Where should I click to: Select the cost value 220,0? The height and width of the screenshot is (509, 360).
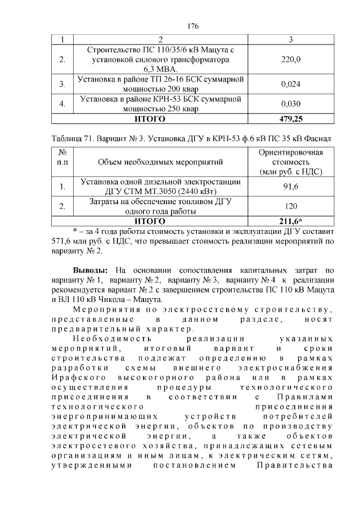290,59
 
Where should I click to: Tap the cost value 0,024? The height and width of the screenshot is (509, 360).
290,84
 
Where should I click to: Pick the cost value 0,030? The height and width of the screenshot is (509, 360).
290,103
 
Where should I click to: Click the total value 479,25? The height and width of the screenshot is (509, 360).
290,119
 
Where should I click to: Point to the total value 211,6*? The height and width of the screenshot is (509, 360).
290,220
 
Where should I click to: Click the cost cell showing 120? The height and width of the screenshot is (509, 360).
290,206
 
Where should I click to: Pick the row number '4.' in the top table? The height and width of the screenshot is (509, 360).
62,103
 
